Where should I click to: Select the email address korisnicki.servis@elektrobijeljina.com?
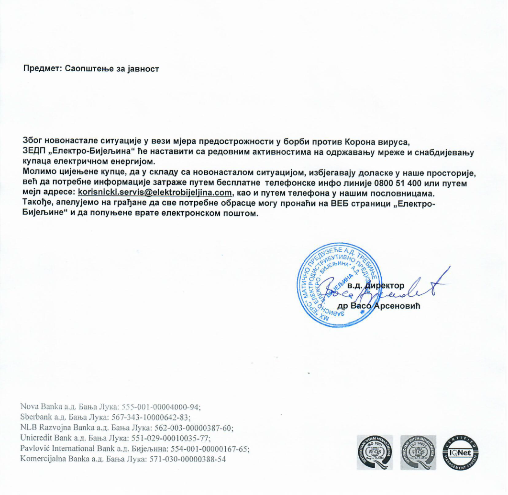point(155,192)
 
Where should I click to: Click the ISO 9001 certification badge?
point(375,452)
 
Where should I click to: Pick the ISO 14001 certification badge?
point(418,452)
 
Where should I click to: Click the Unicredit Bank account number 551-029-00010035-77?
point(167,438)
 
